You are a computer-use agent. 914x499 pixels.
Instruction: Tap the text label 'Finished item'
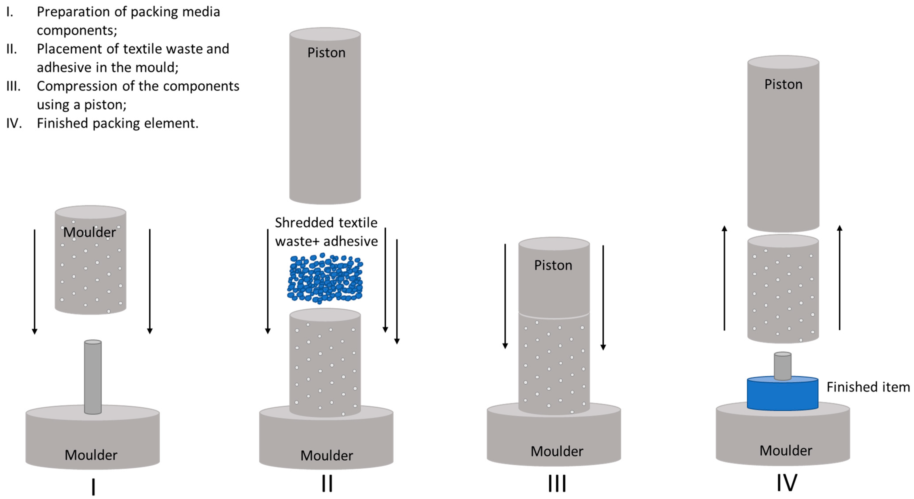click(868, 387)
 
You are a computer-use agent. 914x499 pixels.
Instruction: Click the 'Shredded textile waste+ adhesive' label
click(326, 232)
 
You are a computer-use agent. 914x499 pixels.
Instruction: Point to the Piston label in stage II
click(326, 53)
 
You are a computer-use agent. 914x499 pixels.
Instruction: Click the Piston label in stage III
click(553, 265)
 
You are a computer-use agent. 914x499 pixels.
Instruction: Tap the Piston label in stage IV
click(783, 84)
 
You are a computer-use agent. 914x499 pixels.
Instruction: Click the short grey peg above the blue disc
click(782, 366)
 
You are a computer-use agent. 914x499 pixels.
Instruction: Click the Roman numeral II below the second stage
click(327, 483)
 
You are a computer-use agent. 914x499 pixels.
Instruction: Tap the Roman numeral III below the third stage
click(557, 483)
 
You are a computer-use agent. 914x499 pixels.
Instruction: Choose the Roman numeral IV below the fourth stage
click(787, 483)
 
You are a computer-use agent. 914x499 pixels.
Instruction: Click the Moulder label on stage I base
click(91, 455)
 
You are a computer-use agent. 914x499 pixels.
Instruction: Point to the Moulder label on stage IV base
click(786, 450)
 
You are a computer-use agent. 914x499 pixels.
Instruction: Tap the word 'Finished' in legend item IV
click(63, 123)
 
